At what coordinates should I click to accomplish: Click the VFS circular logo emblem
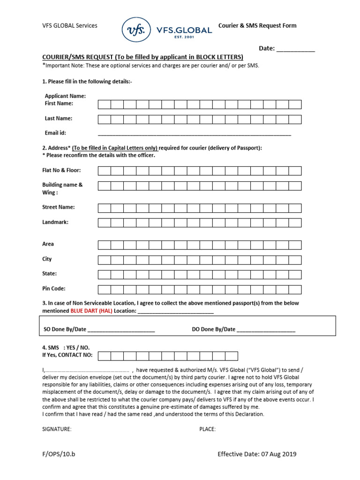pos(136,30)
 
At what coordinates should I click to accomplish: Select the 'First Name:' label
pos(59,103)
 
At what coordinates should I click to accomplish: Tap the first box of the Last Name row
pos(105,119)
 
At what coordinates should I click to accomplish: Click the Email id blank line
pos(195,134)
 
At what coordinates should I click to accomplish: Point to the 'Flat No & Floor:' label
pos(61,170)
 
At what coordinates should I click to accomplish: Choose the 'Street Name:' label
pos(59,207)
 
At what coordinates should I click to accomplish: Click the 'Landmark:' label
pos(55,222)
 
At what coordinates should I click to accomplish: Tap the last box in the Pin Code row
pos(295,289)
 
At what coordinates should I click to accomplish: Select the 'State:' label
pos(50,274)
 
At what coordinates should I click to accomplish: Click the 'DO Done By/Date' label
pos(214,330)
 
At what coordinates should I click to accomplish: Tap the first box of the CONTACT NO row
pos(105,356)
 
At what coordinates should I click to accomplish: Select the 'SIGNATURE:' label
pos(57,429)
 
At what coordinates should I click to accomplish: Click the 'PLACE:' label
pos(208,429)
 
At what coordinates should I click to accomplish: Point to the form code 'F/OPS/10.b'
pos(58,454)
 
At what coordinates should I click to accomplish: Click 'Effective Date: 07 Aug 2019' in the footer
pos(257,454)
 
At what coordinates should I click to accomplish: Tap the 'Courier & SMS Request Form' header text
pos(257,26)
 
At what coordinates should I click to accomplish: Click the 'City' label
pos(47,259)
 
